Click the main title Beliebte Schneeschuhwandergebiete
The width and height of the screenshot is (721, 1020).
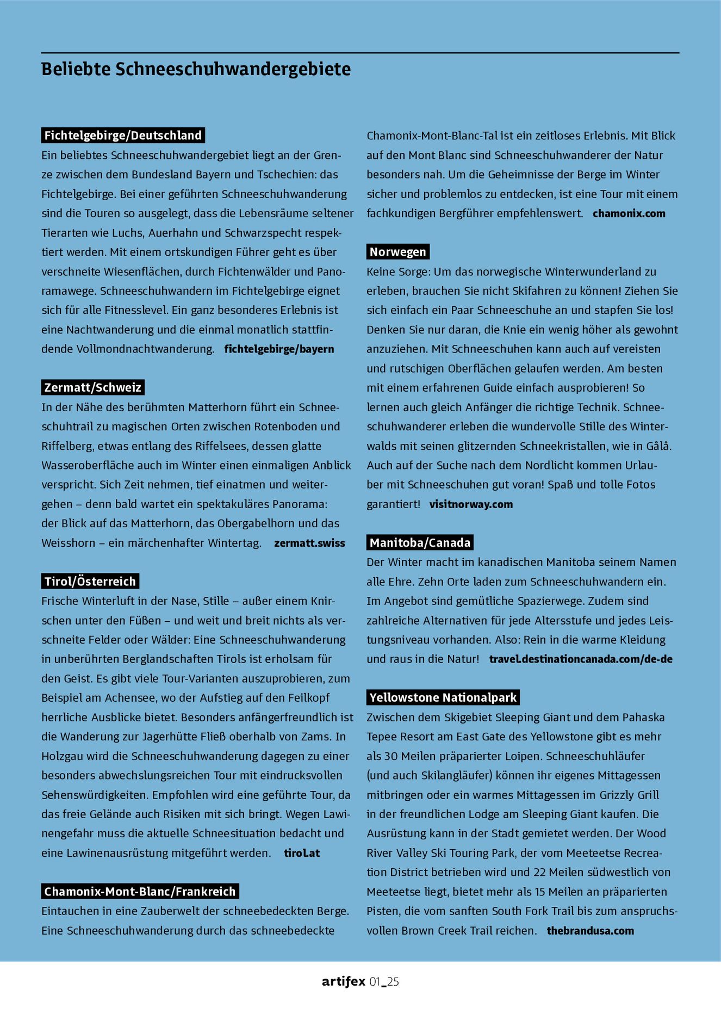[196, 70]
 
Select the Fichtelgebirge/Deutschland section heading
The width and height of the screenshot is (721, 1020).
[123, 135]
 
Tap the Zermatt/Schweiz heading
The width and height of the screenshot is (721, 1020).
[92, 387]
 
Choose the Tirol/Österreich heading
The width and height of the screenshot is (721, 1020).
[90, 582]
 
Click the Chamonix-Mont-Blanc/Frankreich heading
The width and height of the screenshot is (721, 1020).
[140, 892]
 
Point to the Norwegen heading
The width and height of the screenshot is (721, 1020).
[397, 252]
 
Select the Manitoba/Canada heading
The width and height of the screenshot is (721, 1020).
[420, 542]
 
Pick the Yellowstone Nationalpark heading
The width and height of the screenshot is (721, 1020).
[443, 697]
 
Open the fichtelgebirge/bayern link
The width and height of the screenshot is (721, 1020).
[279, 349]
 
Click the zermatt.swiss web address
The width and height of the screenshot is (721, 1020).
[309, 543]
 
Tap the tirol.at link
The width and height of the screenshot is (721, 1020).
[302, 853]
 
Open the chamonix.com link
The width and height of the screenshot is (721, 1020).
[629, 213]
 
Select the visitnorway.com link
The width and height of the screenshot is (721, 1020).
[471, 504]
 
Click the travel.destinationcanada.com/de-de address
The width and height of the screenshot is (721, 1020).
[581, 659]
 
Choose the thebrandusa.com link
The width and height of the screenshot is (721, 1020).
[590, 931]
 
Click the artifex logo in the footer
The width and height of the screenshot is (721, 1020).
[343, 982]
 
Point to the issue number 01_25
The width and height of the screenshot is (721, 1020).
[384, 982]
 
